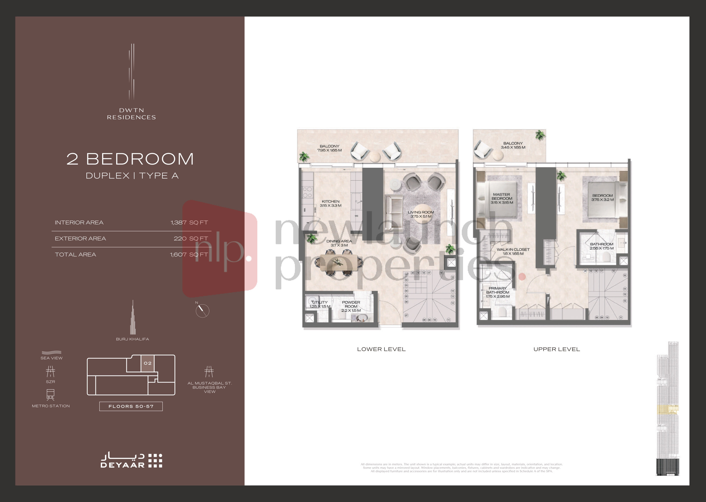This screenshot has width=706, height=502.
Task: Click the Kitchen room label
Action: coord(330,202)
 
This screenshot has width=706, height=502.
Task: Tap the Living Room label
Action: coord(421,212)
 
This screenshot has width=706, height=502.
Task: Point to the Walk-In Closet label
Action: coord(513,249)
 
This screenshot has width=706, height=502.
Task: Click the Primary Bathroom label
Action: coord(497,290)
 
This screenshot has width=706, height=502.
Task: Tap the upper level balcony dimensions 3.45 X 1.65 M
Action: coord(513,148)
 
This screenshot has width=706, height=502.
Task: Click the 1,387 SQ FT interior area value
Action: coord(189,223)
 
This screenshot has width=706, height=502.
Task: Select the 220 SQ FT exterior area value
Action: coord(191,239)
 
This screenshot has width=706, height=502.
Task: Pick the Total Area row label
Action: coord(75,255)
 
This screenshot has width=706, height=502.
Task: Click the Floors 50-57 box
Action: coord(131,406)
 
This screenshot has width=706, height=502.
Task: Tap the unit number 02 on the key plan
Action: coord(148,363)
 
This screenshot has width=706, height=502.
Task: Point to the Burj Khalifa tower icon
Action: coord(133,318)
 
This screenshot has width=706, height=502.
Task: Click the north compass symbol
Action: coord(202,310)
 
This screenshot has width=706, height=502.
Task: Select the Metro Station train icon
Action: coord(51,394)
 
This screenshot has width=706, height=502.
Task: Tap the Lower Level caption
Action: coord(381,349)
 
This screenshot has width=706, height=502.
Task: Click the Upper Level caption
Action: coord(556,349)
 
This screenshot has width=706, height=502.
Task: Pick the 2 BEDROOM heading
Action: coord(130,159)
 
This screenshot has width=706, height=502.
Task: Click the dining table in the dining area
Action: coord(338,262)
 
